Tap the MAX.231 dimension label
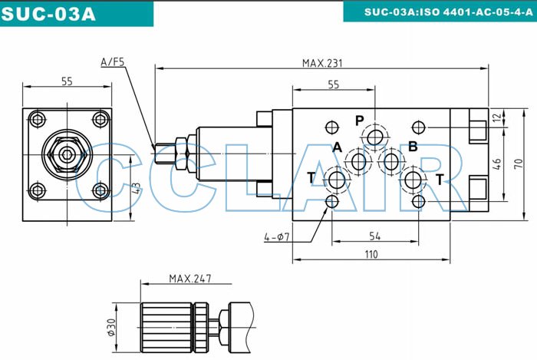[321, 63]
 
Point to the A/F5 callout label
[113, 61]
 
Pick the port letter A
[336, 147]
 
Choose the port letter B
[412, 147]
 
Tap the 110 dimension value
[371, 254]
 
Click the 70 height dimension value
[518, 164]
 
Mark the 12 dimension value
[497, 117]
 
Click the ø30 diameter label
[110, 328]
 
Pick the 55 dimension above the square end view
[67, 82]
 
